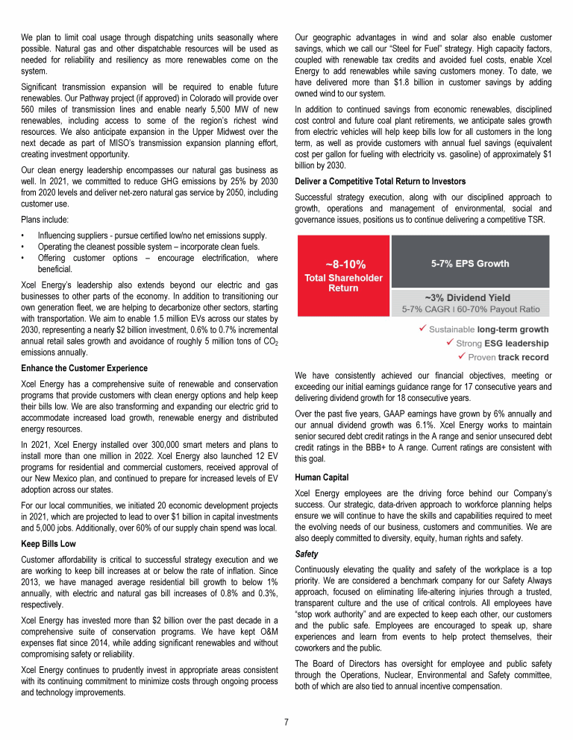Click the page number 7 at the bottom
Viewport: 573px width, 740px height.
click(x=286, y=721)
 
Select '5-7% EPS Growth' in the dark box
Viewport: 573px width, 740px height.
click(x=470, y=263)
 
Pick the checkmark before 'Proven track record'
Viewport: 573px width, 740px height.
click(x=462, y=356)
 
